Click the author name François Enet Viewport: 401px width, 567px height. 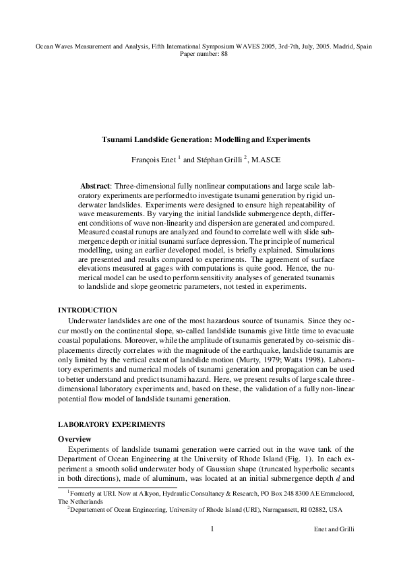(x=156, y=160)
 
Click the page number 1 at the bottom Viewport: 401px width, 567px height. (x=212, y=529)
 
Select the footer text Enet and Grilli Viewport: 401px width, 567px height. (x=334, y=530)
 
